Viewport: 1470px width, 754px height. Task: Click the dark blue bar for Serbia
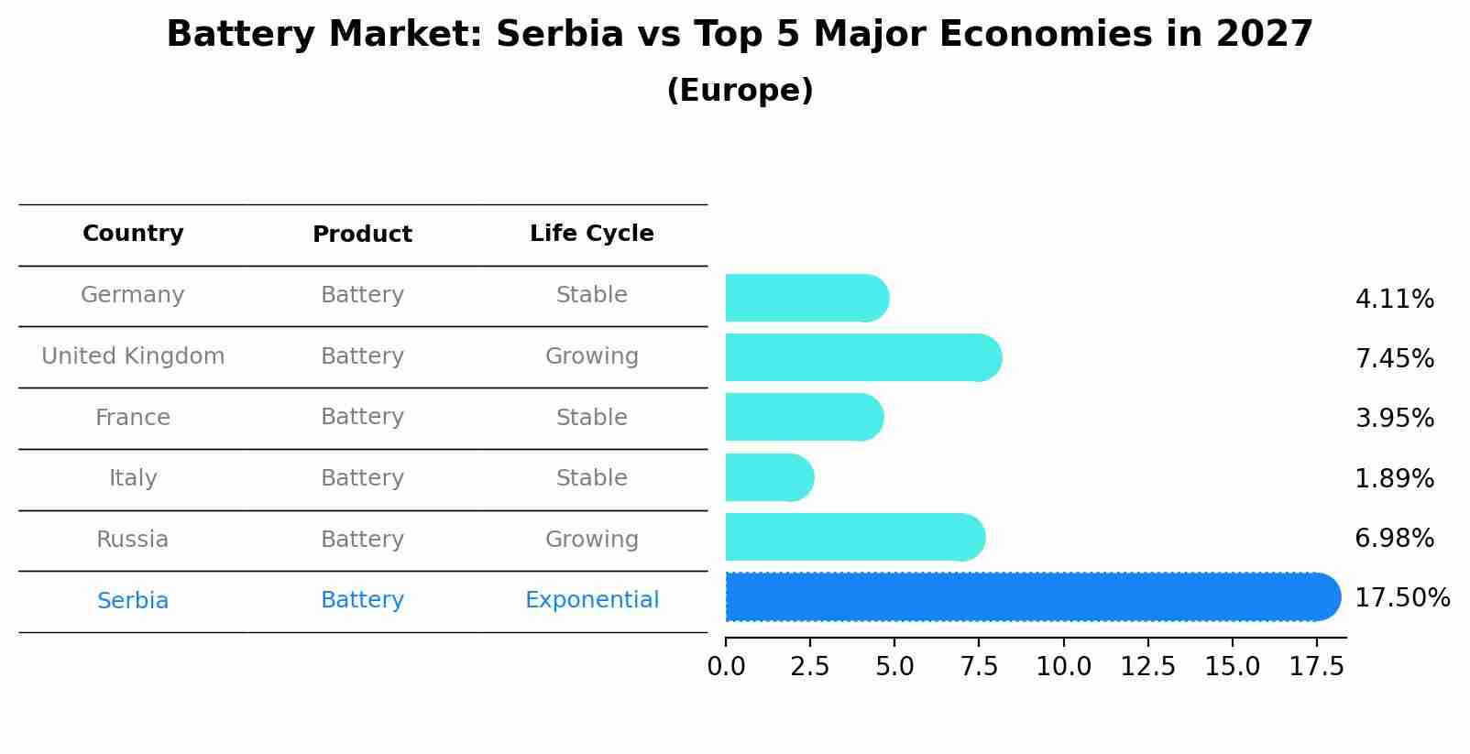click(1026, 596)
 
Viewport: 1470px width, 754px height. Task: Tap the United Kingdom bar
click(861, 357)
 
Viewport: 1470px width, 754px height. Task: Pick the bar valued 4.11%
click(805, 298)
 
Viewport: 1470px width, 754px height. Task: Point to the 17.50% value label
click(1401, 598)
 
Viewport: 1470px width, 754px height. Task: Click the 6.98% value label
click(1394, 539)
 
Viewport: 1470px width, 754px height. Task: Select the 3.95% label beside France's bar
click(1394, 419)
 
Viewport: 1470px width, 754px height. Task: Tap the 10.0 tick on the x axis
click(1063, 667)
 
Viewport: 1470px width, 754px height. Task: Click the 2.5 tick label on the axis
click(810, 667)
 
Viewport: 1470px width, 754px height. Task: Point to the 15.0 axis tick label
click(1232, 667)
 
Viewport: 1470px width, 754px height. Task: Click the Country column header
click(133, 234)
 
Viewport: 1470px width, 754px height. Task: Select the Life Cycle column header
click(591, 234)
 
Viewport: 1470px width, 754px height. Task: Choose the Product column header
click(362, 235)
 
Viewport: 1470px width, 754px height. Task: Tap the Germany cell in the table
click(133, 295)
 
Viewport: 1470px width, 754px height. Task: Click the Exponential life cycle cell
click(591, 600)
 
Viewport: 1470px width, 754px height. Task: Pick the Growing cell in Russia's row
click(591, 540)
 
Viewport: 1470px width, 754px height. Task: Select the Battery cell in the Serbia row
click(362, 600)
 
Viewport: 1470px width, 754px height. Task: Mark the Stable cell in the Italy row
click(591, 478)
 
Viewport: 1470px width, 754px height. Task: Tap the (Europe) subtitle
click(740, 91)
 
